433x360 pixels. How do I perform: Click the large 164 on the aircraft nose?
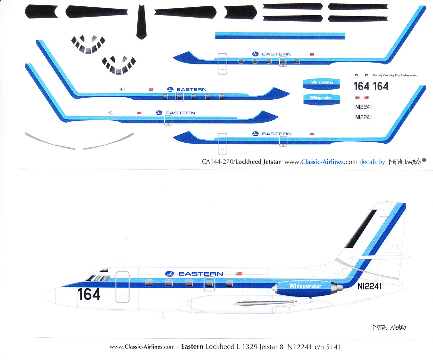pyautogui.click(x=89, y=294)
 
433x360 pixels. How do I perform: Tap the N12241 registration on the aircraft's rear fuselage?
pyautogui.click(x=369, y=286)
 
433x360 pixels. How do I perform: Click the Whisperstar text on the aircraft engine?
pyautogui.click(x=305, y=286)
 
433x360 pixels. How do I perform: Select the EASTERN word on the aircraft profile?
pyautogui.click(x=201, y=274)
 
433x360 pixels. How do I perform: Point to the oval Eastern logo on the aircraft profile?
pyautogui.click(x=169, y=274)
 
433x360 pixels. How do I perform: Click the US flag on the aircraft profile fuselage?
pyautogui.click(x=239, y=273)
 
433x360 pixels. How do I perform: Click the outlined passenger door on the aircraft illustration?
pyautogui.click(x=122, y=287)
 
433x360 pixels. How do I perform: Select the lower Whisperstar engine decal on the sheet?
pyautogui.click(x=321, y=99)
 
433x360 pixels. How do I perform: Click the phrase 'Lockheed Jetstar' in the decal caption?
pyautogui.click(x=258, y=162)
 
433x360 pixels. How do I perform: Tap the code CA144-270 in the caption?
pyautogui.click(x=217, y=162)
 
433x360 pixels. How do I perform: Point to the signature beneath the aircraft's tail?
pyautogui.click(x=389, y=327)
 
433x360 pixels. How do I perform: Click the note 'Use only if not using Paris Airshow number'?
pyautogui.click(x=395, y=75)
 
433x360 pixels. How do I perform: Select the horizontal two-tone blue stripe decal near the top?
pyautogui.click(x=280, y=35)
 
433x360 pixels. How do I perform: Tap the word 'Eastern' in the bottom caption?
pyautogui.click(x=192, y=347)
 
